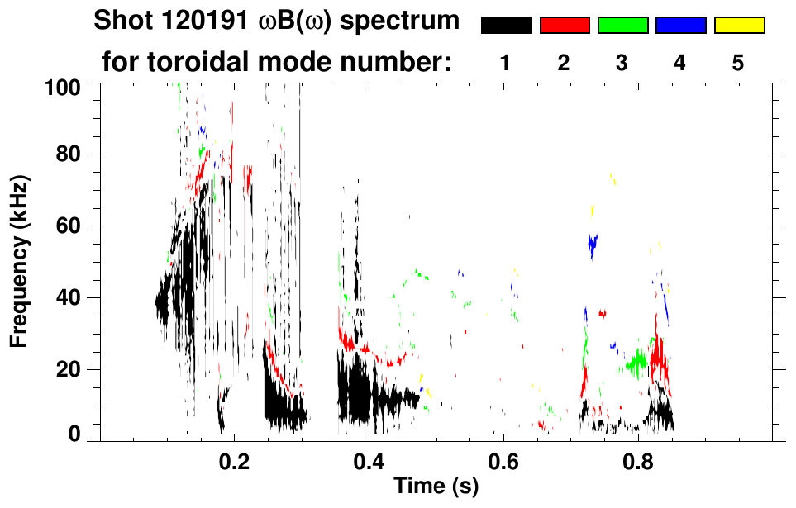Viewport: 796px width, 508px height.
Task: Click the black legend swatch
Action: (506, 26)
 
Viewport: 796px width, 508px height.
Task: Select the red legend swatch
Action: (565, 26)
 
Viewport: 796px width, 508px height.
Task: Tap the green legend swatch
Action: (622, 26)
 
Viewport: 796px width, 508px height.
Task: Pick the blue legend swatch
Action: (680, 26)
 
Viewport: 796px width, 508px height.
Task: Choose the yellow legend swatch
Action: (739, 26)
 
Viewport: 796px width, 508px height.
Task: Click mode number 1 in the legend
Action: (506, 63)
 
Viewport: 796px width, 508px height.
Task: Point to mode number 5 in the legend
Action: (738, 63)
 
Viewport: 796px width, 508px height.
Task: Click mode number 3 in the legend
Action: (622, 63)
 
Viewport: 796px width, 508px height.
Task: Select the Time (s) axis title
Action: (436, 487)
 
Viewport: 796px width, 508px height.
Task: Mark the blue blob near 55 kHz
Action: (592, 244)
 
